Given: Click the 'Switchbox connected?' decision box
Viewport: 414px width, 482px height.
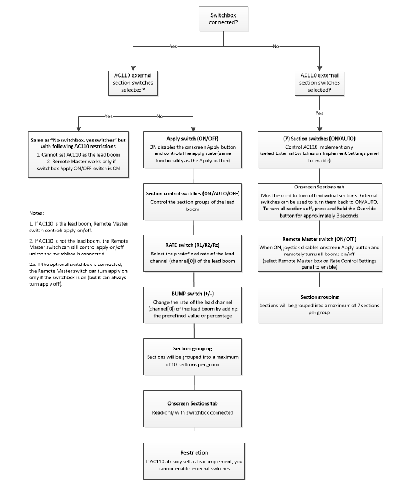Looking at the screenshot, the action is [x=223, y=19].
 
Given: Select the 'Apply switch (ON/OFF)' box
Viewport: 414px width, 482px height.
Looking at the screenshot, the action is [x=192, y=150].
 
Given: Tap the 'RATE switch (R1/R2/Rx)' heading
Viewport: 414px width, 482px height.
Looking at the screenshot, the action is [x=192, y=245].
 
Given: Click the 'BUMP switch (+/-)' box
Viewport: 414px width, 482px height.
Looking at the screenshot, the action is [x=192, y=305].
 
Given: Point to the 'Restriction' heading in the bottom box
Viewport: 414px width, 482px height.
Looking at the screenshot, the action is [x=194, y=452].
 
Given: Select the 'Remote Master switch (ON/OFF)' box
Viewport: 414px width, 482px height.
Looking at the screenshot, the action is [x=320, y=253].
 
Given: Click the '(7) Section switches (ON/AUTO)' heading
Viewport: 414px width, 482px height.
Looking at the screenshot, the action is [x=319, y=139].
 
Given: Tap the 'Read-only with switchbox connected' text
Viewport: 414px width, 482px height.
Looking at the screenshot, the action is [x=192, y=412].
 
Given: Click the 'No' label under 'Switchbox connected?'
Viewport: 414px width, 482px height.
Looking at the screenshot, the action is [x=276, y=46].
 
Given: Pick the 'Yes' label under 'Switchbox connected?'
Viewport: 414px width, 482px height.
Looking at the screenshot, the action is [x=173, y=46].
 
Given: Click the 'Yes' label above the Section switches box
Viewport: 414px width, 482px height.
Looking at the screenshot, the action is [x=319, y=113].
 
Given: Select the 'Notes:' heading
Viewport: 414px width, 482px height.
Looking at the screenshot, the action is [x=36, y=213].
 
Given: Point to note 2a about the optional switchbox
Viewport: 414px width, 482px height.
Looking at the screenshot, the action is [x=78, y=274].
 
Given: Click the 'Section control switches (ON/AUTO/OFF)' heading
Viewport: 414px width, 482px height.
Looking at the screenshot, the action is [x=192, y=193].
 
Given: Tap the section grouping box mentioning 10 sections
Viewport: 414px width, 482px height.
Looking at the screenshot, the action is [x=192, y=357].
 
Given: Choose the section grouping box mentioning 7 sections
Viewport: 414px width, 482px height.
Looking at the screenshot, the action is [x=320, y=305].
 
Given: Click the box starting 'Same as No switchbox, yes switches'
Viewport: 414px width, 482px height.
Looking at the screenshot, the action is [x=78, y=154].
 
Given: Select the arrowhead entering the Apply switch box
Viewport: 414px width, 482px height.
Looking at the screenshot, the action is [x=193, y=129].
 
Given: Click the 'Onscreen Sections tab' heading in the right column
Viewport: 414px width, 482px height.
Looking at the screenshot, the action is [x=319, y=187].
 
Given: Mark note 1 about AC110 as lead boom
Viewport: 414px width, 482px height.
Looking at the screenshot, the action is [x=79, y=227].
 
